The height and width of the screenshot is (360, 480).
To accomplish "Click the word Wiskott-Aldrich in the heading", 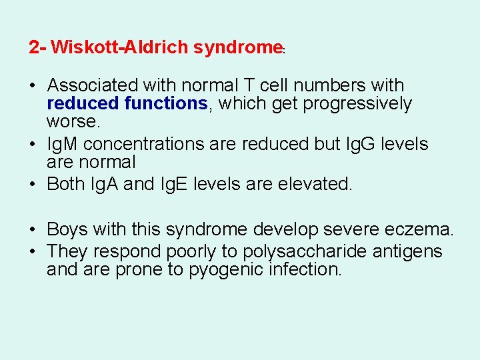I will point(119,47).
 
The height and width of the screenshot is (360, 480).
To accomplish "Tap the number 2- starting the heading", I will point(37,47).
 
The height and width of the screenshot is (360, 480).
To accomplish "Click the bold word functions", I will point(167,104).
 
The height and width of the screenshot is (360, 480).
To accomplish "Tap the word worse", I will point(73,122).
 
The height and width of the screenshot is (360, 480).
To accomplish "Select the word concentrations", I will point(157,144).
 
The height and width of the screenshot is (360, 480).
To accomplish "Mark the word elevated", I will point(310,184).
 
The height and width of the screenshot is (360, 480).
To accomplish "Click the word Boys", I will point(68,230).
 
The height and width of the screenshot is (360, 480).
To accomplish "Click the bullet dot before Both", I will point(32,185).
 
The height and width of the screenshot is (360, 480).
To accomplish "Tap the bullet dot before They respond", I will point(32,252).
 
